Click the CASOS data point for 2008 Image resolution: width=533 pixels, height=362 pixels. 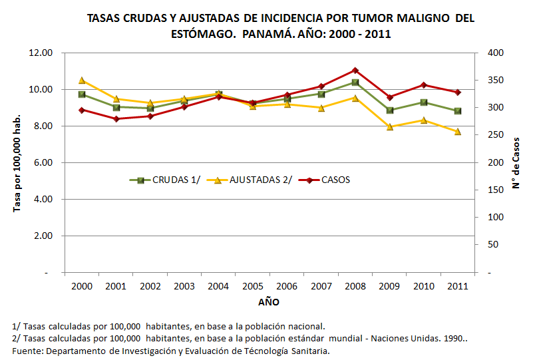click(x=355, y=70)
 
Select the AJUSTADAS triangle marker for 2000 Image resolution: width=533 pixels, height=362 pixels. click(x=82, y=81)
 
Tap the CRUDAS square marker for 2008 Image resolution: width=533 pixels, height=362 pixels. click(x=355, y=83)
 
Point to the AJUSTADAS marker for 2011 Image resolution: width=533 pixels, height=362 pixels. click(x=458, y=132)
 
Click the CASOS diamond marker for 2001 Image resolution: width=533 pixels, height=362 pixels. click(x=116, y=118)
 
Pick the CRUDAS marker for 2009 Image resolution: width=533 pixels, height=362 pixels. click(x=389, y=110)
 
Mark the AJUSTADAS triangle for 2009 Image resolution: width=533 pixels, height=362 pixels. click(x=389, y=126)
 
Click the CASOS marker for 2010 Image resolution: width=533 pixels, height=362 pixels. click(x=424, y=85)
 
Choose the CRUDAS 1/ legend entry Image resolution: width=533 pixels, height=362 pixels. click(x=160, y=180)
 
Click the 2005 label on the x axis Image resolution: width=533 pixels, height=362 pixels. click(x=253, y=287)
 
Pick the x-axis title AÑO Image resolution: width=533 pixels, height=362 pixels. click(x=269, y=302)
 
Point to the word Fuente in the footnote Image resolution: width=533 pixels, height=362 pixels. click(x=27, y=350)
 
